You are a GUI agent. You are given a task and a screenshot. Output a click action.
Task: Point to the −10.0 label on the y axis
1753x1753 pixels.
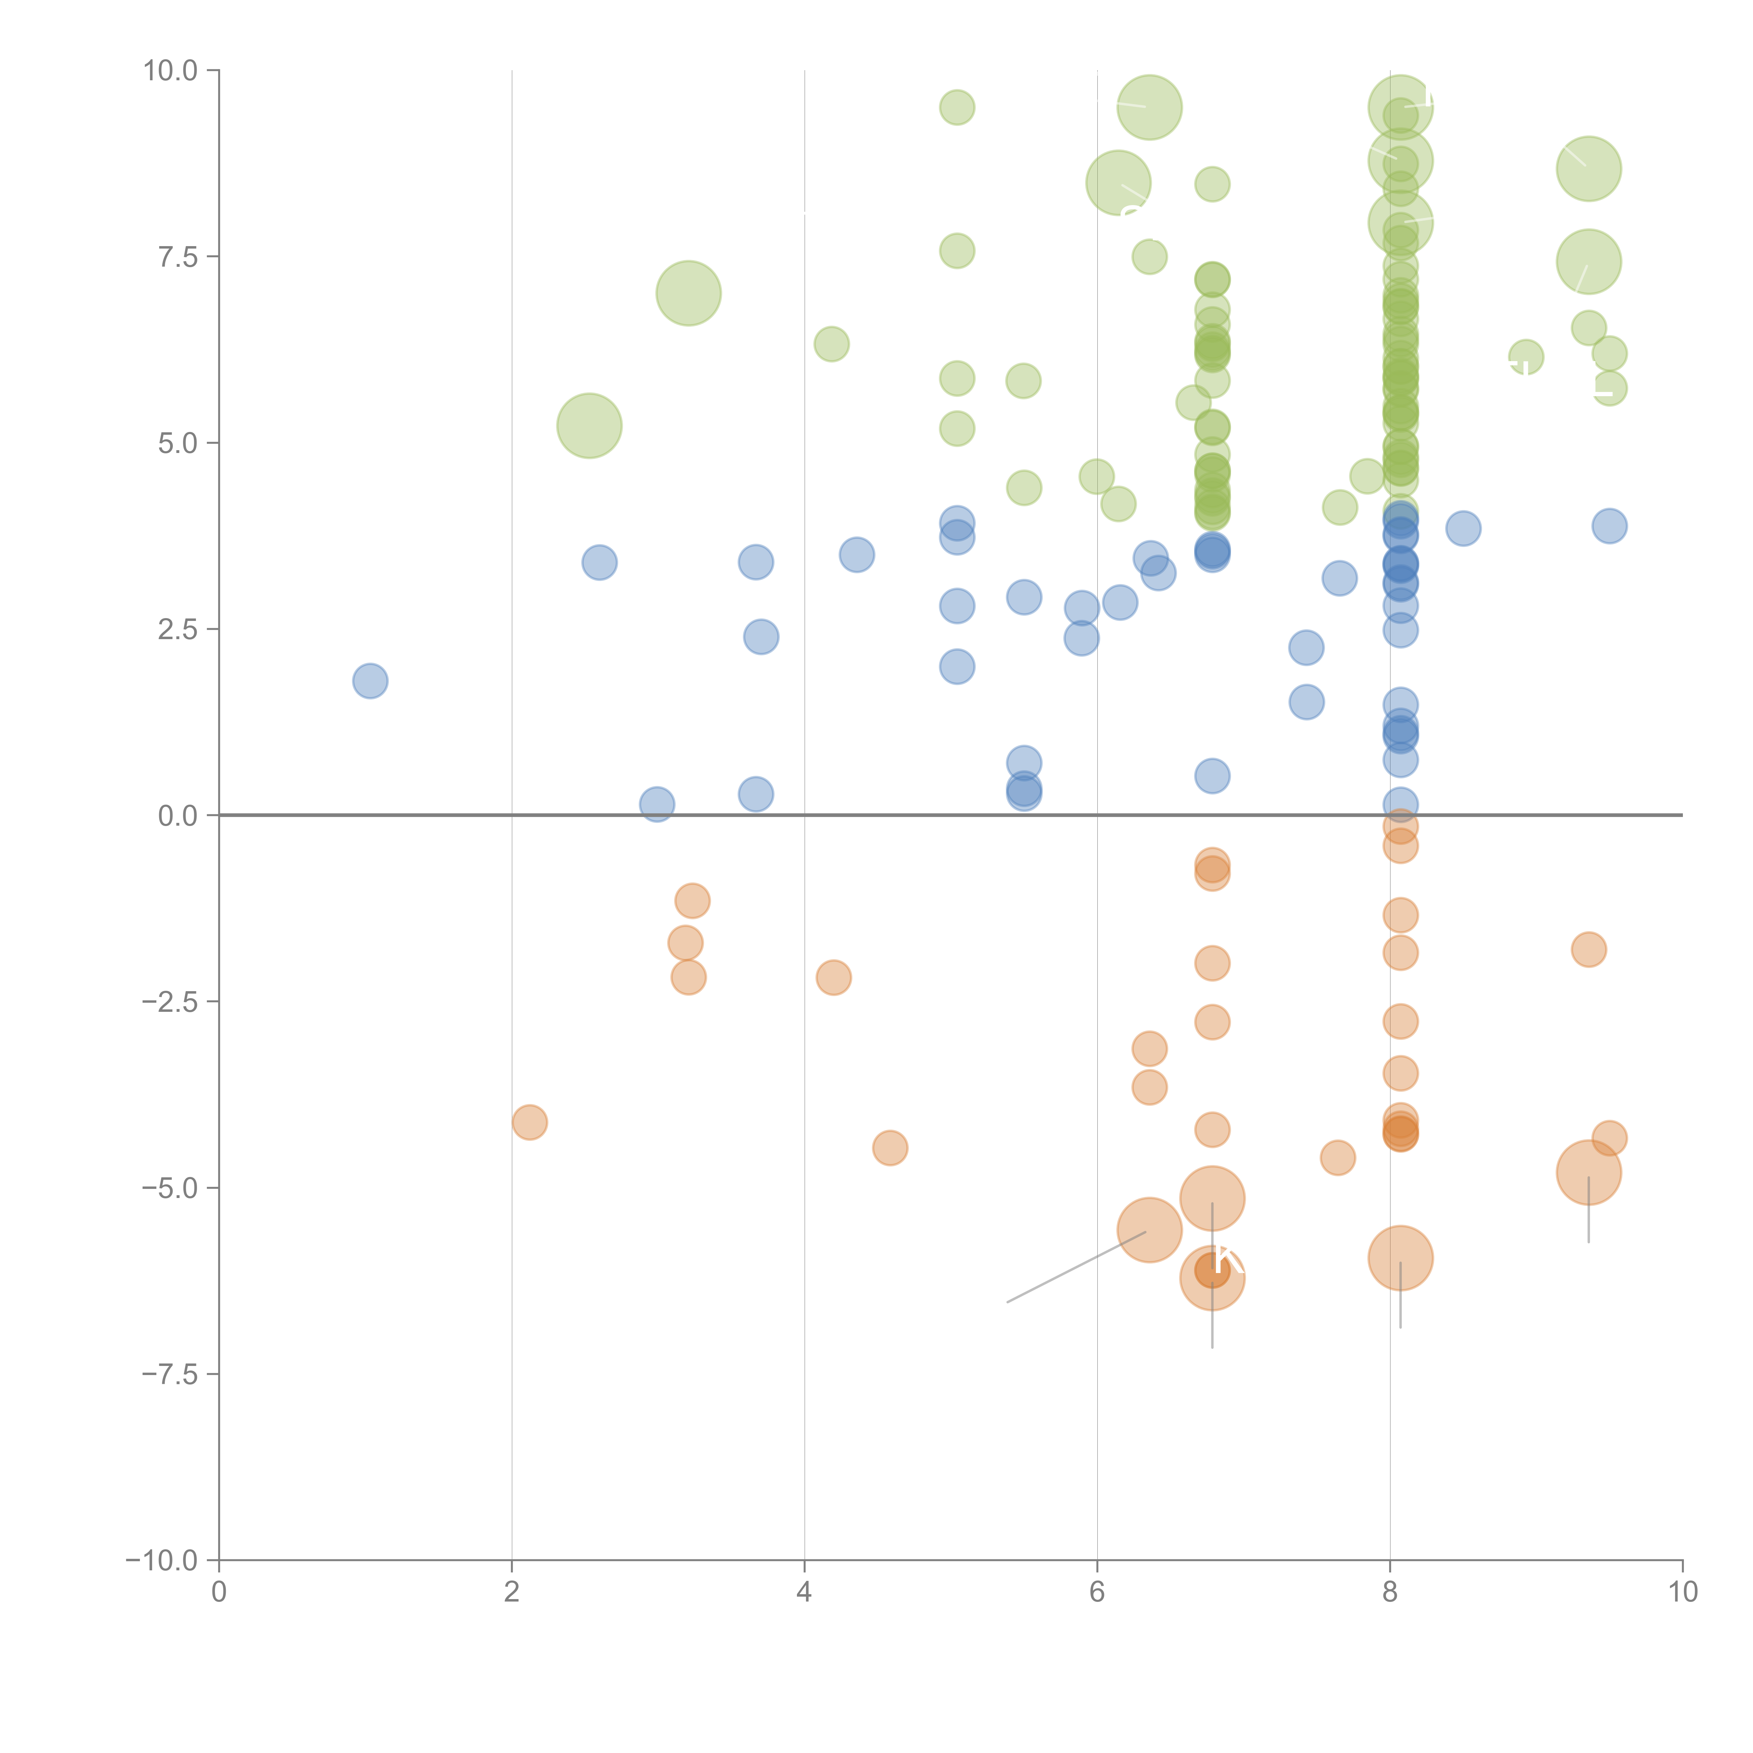(x=162, y=1561)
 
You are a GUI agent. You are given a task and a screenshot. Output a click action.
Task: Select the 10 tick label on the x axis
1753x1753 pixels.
(x=1682, y=1592)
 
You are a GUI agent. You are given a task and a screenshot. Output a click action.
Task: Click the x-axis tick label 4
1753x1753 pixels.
(x=804, y=1592)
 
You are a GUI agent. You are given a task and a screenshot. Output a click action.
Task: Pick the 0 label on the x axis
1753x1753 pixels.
(x=219, y=1592)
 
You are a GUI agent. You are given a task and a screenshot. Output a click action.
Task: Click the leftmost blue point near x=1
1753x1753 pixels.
(x=370, y=681)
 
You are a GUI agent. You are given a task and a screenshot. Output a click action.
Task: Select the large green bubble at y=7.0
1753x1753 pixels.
(x=689, y=293)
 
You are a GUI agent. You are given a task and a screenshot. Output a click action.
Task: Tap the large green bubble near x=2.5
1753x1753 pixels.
(x=589, y=426)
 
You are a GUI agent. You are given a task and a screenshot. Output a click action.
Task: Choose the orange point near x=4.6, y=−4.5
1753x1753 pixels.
(x=890, y=1148)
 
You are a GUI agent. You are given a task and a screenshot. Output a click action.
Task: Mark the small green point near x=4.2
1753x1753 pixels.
(x=831, y=344)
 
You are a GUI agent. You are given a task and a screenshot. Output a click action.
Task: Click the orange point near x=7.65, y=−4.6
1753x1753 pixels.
(x=1338, y=1158)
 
